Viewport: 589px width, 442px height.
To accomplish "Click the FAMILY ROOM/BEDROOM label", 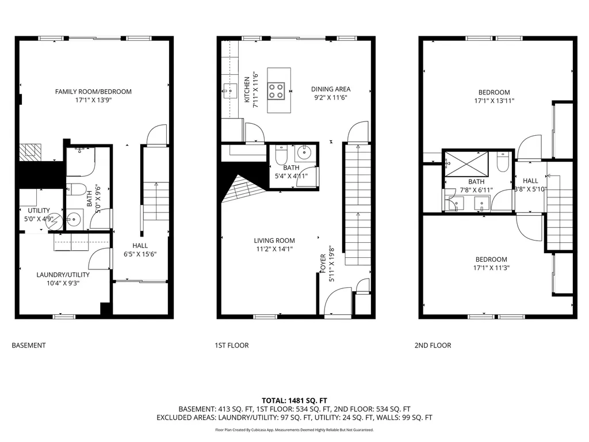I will [x=93, y=92].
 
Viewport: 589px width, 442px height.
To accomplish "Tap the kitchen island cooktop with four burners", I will [x=276, y=92].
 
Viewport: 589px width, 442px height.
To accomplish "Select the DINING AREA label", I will [x=331, y=89].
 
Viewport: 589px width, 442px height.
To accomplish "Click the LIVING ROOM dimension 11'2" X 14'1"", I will [x=274, y=249].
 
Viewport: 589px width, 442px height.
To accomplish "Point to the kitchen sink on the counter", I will [x=230, y=90].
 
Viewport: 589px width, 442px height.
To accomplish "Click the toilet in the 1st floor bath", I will [x=281, y=155].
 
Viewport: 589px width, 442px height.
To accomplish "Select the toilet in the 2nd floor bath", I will [x=503, y=162].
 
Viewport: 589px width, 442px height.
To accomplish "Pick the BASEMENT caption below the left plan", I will [x=29, y=345].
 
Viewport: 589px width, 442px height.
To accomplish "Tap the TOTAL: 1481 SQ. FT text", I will [x=294, y=400].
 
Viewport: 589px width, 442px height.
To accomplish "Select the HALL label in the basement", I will [x=140, y=246].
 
